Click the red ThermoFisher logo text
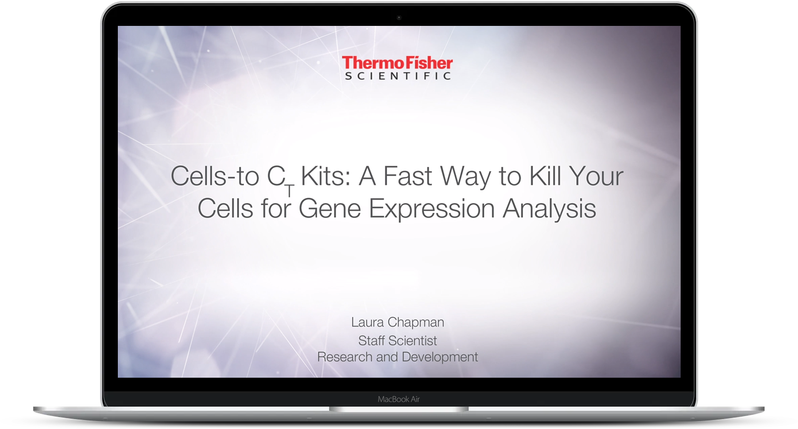click(397, 63)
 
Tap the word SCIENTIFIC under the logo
click(398, 76)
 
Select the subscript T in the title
click(290, 191)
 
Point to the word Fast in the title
click(408, 176)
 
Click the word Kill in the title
click(545, 176)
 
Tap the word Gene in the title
click(330, 208)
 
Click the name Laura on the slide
click(367, 322)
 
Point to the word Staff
click(371, 340)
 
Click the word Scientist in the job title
click(412, 340)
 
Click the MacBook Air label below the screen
click(399, 399)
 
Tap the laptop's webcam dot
click(399, 17)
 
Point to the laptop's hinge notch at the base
click(399, 409)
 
